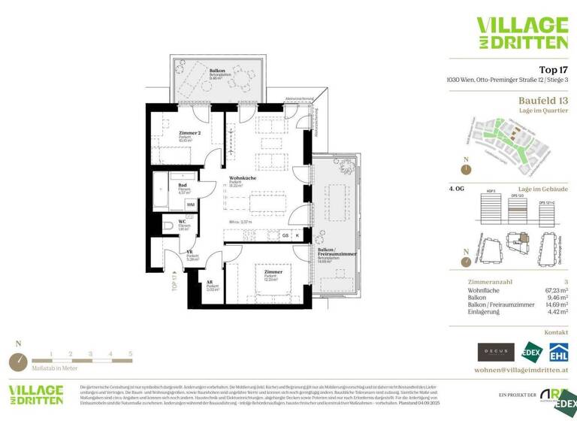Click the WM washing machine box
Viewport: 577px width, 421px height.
(191, 204)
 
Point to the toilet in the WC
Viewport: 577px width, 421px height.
(168, 226)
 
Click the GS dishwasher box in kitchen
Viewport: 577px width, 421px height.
(285, 235)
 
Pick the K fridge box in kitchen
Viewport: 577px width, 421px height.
(298, 235)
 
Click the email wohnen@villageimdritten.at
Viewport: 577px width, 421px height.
(521, 371)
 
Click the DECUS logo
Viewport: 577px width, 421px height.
(497, 351)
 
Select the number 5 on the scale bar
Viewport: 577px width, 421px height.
(130, 353)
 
